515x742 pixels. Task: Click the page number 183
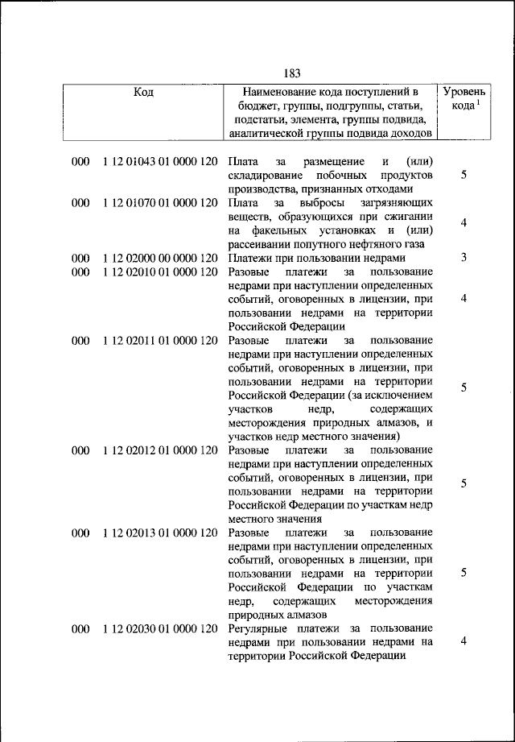[x=291, y=74]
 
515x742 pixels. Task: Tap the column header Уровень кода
[x=464, y=99]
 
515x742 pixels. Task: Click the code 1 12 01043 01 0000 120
[x=160, y=162]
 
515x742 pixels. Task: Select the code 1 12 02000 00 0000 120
[x=160, y=258]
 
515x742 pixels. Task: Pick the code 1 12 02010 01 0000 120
[x=160, y=272]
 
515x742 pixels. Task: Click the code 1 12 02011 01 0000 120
[x=160, y=341]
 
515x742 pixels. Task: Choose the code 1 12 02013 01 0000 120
[x=160, y=533]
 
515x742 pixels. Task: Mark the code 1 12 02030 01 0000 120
[x=160, y=628]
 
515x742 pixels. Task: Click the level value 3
[x=464, y=258]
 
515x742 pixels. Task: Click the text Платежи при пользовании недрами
[x=311, y=258]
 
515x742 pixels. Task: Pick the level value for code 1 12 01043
[x=464, y=176]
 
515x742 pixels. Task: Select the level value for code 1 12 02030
[x=464, y=641]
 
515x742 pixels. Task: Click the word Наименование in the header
[x=283, y=93]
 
